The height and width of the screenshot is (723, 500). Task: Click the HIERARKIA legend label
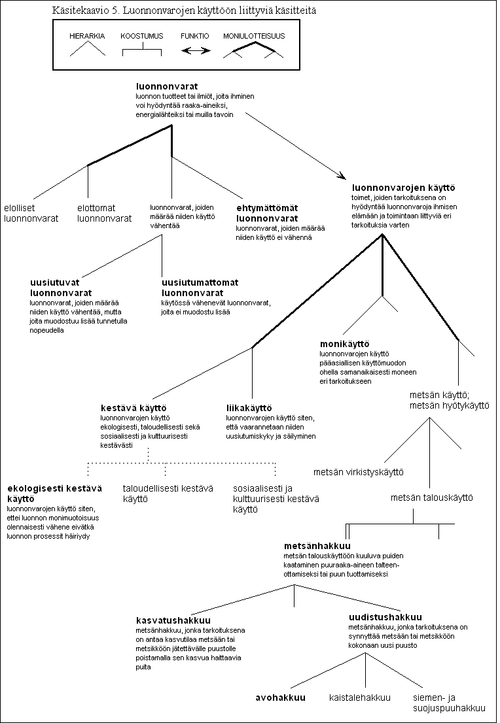(x=87, y=36)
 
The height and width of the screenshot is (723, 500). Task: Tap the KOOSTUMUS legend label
(x=142, y=36)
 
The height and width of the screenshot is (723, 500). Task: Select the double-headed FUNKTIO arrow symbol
(x=196, y=50)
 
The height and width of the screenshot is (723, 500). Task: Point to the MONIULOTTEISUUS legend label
(x=254, y=36)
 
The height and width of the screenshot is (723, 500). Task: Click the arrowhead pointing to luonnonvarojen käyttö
(x=342, y=175)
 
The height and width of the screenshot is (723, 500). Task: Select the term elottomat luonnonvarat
(x=104, y=213)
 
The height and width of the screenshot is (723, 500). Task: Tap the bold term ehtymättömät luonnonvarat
(x=267, y=213)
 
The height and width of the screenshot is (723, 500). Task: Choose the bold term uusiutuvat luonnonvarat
(x=61, y=287)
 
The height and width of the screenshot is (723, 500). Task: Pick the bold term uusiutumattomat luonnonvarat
(x=200, y=287)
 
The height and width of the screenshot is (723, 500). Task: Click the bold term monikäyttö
(x=344, y=344)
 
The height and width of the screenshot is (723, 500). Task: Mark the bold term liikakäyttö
(x=249, y=408)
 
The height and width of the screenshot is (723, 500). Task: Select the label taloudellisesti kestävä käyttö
(x=168, y=494)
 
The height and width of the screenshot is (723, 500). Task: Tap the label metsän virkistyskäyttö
(x=358, y=472)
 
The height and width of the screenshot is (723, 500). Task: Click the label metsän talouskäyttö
(x=432, y=497)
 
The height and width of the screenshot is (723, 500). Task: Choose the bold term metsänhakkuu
(x=317, y=546)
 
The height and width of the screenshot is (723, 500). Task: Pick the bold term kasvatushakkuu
(x=173, y=620)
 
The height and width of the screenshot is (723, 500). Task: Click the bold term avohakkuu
(x=280, y=698)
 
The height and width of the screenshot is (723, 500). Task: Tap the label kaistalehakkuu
(x=360, y=698)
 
